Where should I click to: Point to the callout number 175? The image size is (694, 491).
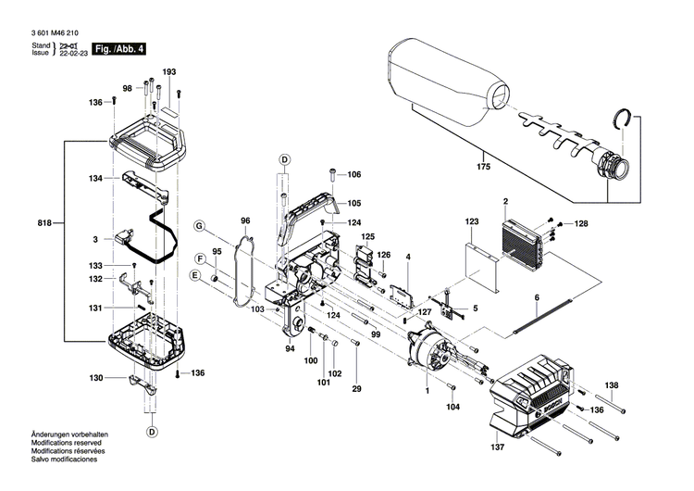(x=480, y=167)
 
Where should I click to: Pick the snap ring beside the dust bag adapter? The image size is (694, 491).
(x=626, y=122)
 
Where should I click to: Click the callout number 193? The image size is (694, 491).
(x=169, y=72)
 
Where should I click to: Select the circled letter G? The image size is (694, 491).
(x=198, y=226)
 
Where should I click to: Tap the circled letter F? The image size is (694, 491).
(x=199, y=257)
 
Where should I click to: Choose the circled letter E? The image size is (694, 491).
(x=194, y=276)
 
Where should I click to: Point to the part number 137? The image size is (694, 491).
(x=498, y=447)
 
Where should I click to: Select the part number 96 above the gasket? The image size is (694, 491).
(x=245, y=220)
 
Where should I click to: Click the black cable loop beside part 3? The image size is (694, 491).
(x=157, y=239)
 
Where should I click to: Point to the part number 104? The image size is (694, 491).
(x=452, y=407)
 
